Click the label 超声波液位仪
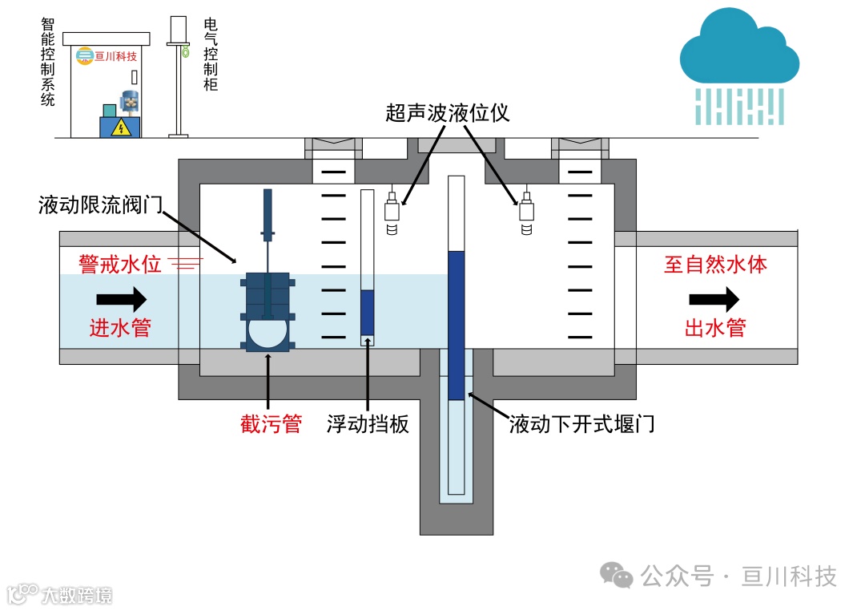coord(447,112)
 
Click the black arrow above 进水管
coord(121,300)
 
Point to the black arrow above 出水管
coord(714,300)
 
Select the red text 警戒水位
coord(120,264)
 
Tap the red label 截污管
coord(271,423)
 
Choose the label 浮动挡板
coord(368,423)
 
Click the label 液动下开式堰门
coord(582,423)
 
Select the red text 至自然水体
coord(715,264)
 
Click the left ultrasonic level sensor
coord(392,212)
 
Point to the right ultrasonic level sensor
coord(526,212)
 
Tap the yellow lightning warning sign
coord(120,127)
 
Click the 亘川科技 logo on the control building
coord(107,57)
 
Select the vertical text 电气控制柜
coord(211,54)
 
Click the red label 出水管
coord(715,327)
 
